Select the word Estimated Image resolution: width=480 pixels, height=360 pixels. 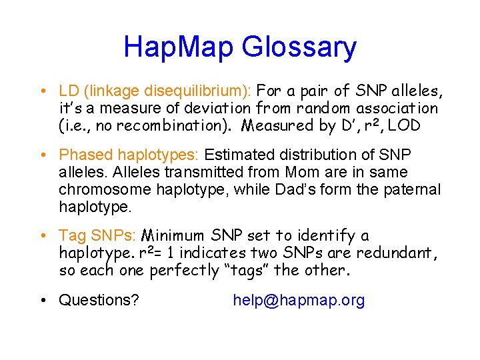coord(237,155)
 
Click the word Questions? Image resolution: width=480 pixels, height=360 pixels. coord(99,301)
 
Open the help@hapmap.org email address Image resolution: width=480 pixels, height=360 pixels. coord(299,301)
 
